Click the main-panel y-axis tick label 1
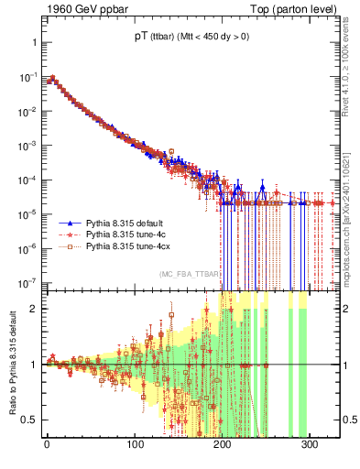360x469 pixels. point(33,43)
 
